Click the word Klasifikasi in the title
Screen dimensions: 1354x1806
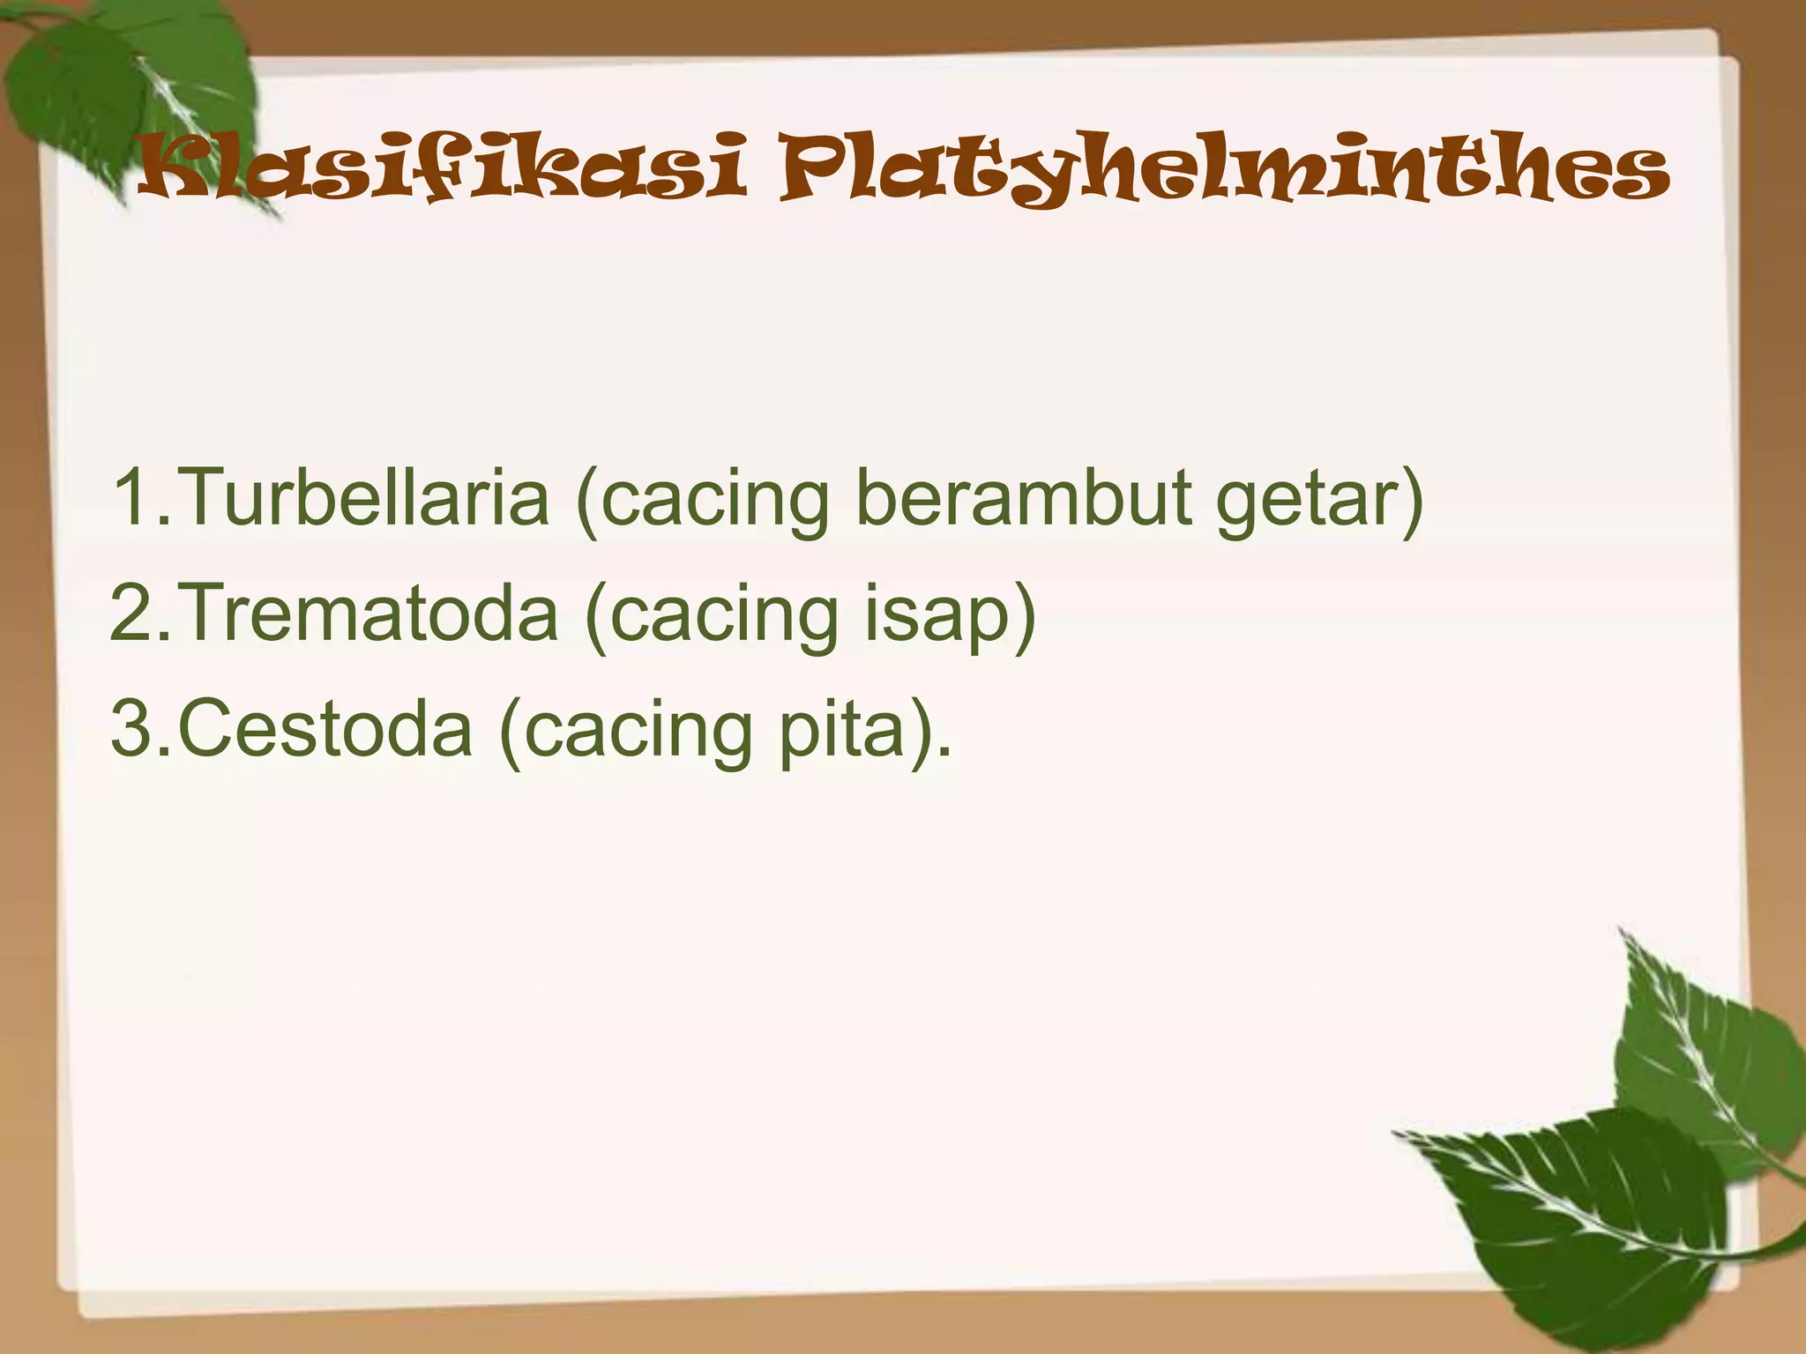tap(441, 167)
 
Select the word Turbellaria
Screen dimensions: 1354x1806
tap(366, 497)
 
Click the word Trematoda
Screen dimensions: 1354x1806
tap(370, 613)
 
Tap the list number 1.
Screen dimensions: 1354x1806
tap(132, 497)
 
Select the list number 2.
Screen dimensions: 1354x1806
tap(132, 613)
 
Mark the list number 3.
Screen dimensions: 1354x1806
tap(132, 728)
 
